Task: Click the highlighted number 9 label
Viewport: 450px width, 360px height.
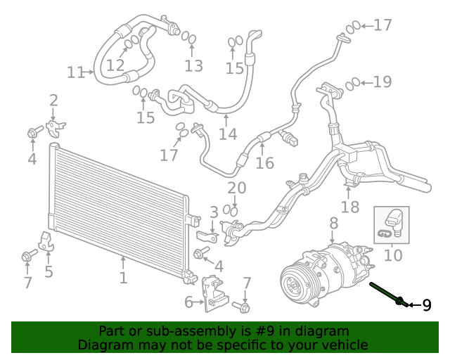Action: [x=427, y=305]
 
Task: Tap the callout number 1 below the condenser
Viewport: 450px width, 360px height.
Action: [x=123, y=278]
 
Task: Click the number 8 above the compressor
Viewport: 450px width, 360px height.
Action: [x=333, y=223]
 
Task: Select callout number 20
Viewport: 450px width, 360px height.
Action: [x=237, y=188]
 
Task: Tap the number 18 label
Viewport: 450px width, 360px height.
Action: [x=350, y=207]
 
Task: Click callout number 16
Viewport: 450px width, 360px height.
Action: [x=264, y=163]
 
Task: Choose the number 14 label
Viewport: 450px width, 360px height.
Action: [x=228, y=134]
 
